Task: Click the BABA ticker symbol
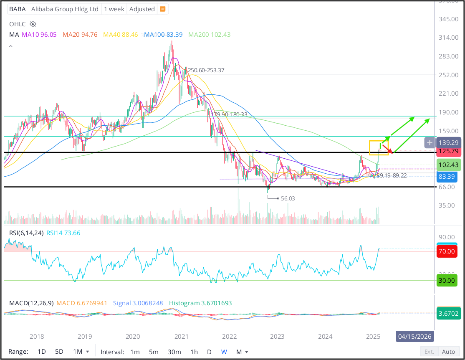coord(17,9)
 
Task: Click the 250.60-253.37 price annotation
coord(206,70)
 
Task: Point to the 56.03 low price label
coord(288,198)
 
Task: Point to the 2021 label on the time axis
coord(181,336)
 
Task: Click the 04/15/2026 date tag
coord(414,336)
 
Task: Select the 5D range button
coord(59,352)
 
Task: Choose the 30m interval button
coord(174,352)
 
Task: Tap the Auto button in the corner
coord(448,352)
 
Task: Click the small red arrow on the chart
coord(388,148)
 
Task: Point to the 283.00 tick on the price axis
coord(449,56)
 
